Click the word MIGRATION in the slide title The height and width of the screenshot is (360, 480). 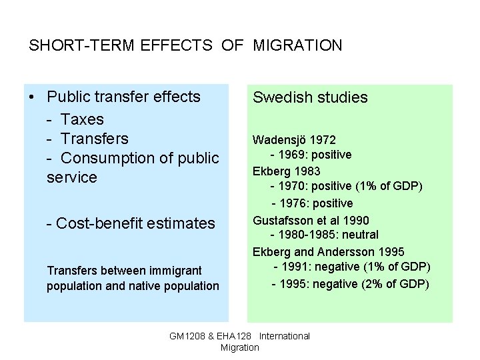pyautogui.click(x=297, y=46)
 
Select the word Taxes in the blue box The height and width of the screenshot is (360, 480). pyautogui.click(x=82, y=119)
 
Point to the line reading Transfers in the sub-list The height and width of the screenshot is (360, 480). pyautogui.click(x=94, y=139)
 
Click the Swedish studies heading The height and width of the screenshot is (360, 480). pyautogui.click(x=310, y=97)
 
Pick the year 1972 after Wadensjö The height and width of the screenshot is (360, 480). pyautogui.click(x=322, y=140)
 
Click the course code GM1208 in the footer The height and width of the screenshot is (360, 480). pyautogui.click(x=187, y=336)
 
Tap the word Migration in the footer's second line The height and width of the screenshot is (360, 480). pyautogui.click(x=239, y=347)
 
